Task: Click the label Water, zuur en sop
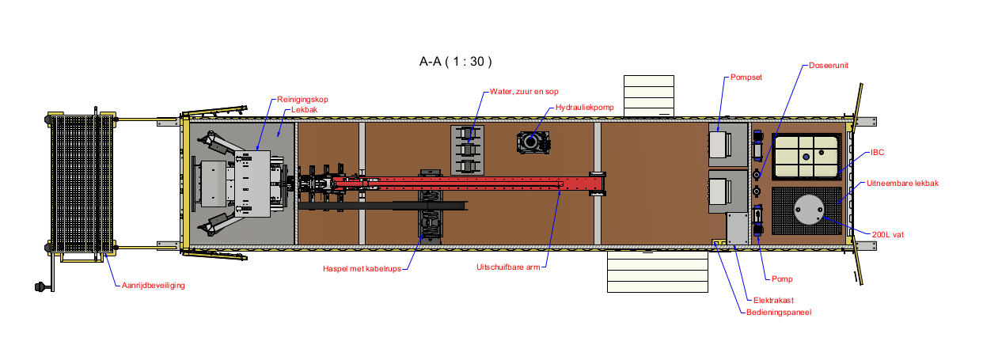tap(523, 92)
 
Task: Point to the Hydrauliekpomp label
tap(584, 107)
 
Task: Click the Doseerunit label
tap(828, 66)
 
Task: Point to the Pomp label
tap(781, 279)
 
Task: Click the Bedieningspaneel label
tap(779, 312)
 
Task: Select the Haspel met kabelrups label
tap(364, 268)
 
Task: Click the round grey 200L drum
tap(810, 209)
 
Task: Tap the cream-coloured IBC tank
tap(807, 155)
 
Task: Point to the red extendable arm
tap(475, 184)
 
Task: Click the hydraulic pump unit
tap(530, 142)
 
